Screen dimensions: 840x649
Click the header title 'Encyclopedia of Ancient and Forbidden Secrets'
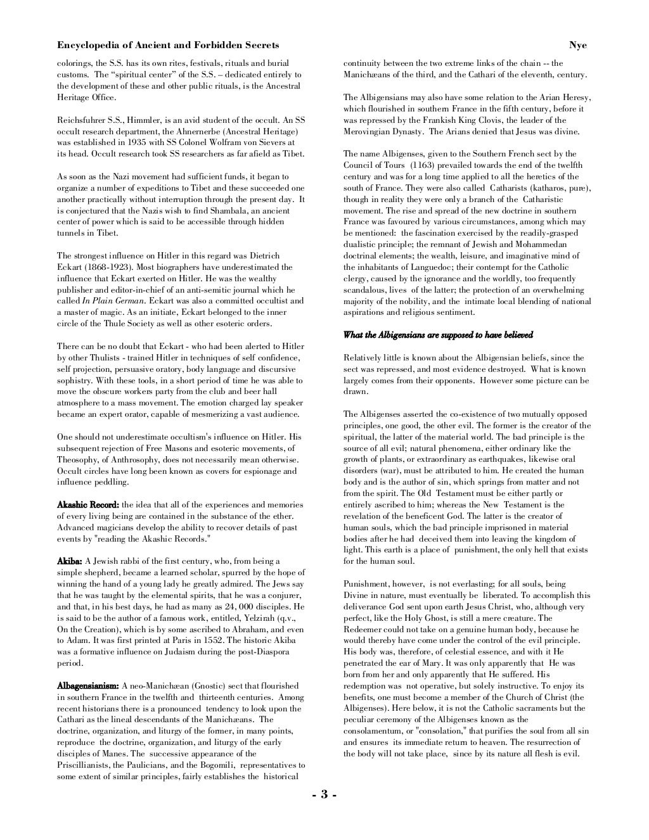[168, 46]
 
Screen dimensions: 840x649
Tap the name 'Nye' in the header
[577, 46]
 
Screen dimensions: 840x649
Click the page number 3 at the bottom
[324, 796]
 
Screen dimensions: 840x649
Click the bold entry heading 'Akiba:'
[70, 561]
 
